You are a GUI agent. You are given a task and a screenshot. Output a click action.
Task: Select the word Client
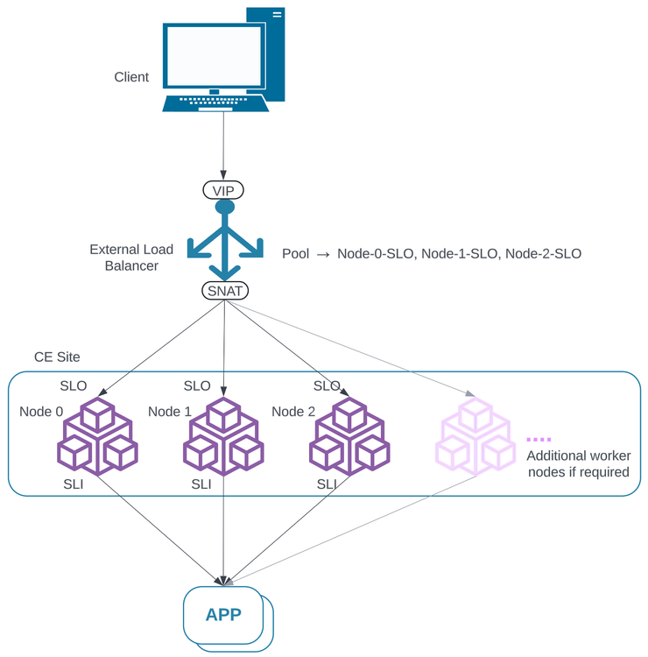coord(131,77)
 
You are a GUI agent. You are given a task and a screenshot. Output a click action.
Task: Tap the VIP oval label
coord(224,190)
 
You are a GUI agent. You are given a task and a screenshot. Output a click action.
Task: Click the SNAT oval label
coord(224,290)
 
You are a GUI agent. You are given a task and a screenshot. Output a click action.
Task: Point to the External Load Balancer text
coord(131,258)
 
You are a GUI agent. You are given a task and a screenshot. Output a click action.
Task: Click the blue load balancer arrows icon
coord(224,241)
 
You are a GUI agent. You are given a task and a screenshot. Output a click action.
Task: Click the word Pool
coord(296,254)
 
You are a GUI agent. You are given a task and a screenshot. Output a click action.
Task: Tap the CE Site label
coord(57,357)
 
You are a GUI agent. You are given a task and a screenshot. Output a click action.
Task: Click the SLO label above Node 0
coord(74,385)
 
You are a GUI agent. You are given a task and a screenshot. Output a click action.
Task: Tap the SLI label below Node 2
coord(327,484)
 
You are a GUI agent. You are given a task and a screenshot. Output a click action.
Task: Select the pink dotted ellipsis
coord(539,439)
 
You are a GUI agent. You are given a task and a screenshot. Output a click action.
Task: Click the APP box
coord(224,614)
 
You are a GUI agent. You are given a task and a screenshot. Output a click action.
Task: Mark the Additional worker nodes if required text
coord(578,464)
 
